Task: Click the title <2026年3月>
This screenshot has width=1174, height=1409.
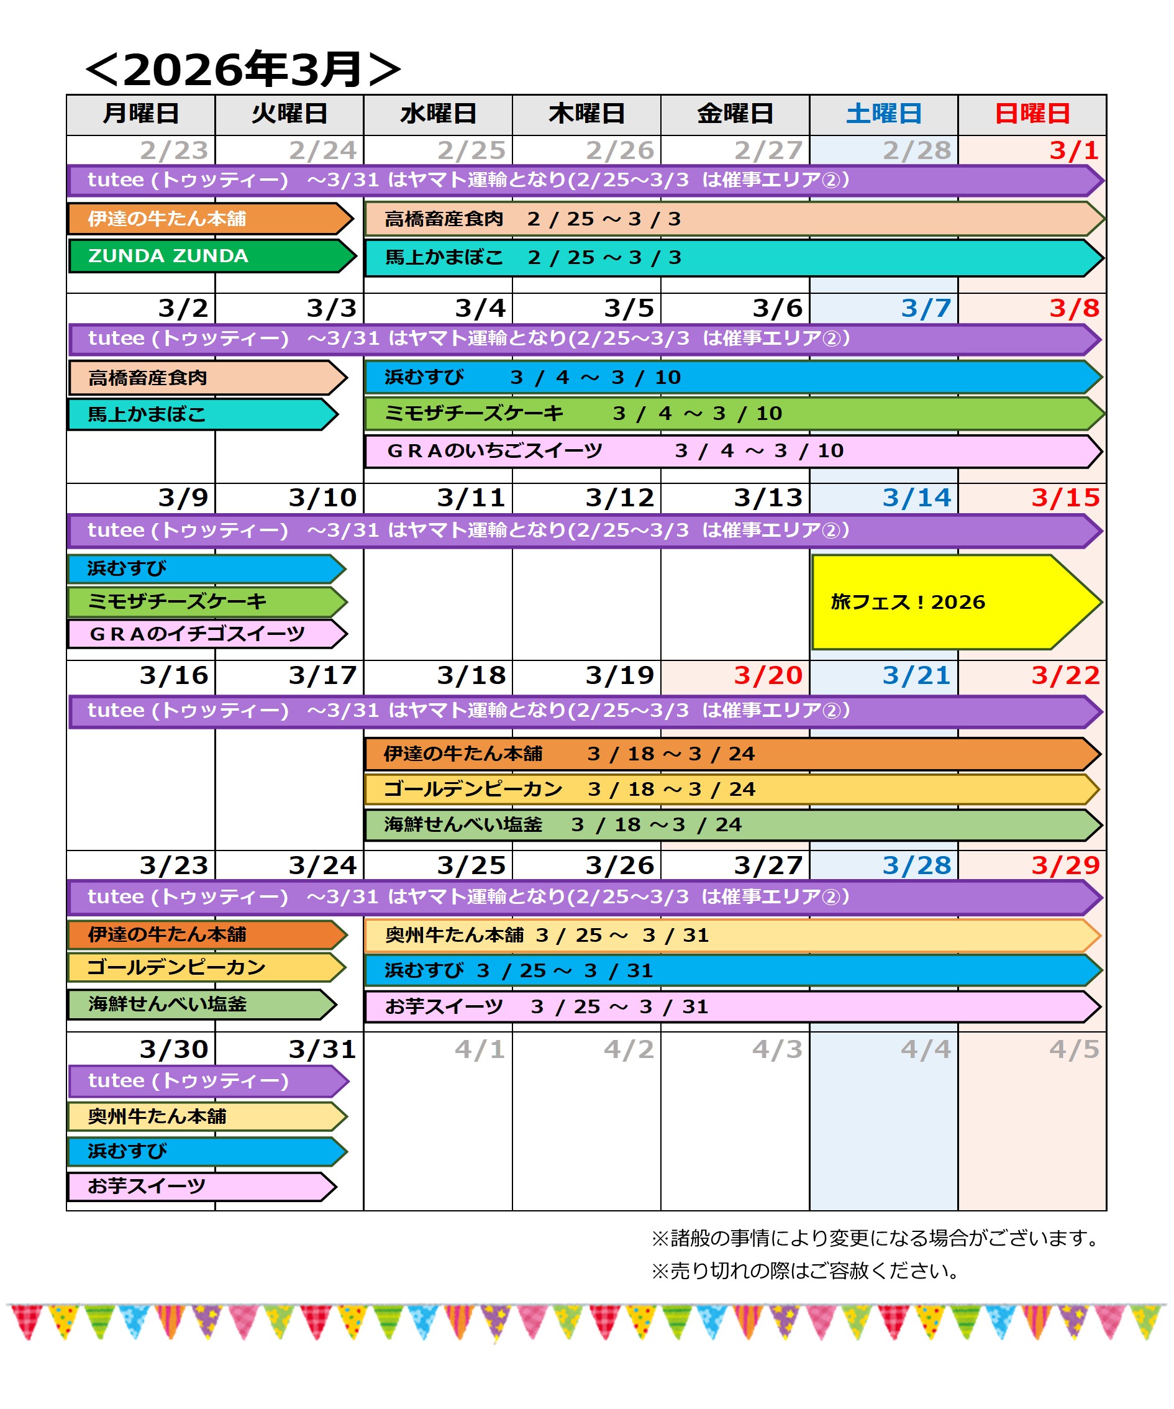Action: tap(243, 69)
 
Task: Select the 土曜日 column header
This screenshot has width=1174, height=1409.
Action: tap(883, 114)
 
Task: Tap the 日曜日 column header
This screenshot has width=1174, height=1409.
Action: tap(1032, 114)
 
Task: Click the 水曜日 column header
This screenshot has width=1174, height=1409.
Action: tap(438, 114)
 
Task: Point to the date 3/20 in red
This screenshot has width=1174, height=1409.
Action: tap(768, 675)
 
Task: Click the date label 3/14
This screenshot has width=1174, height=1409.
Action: tap(916, 498)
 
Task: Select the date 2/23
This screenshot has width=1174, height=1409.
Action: tap(174, 150)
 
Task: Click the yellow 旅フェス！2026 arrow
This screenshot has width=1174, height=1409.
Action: tap(939, 602)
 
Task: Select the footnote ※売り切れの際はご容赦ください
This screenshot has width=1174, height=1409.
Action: tap(805, 1270)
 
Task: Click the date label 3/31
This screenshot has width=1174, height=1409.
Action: tap(322, 1049)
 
